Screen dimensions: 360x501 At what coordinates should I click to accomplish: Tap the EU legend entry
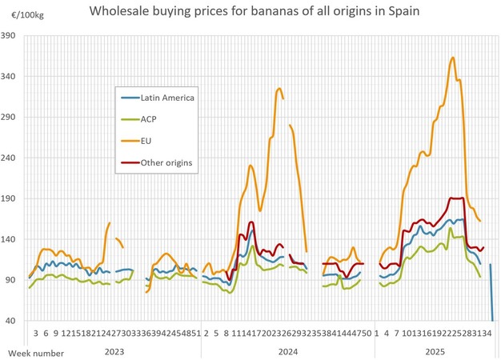146,142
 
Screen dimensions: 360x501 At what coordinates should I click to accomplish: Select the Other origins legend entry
166,163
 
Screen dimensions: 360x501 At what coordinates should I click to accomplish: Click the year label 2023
114,350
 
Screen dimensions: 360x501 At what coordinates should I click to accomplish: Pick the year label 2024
287,350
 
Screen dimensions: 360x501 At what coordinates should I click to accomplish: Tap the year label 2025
435,350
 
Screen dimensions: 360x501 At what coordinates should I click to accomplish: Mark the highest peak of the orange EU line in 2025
453,58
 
